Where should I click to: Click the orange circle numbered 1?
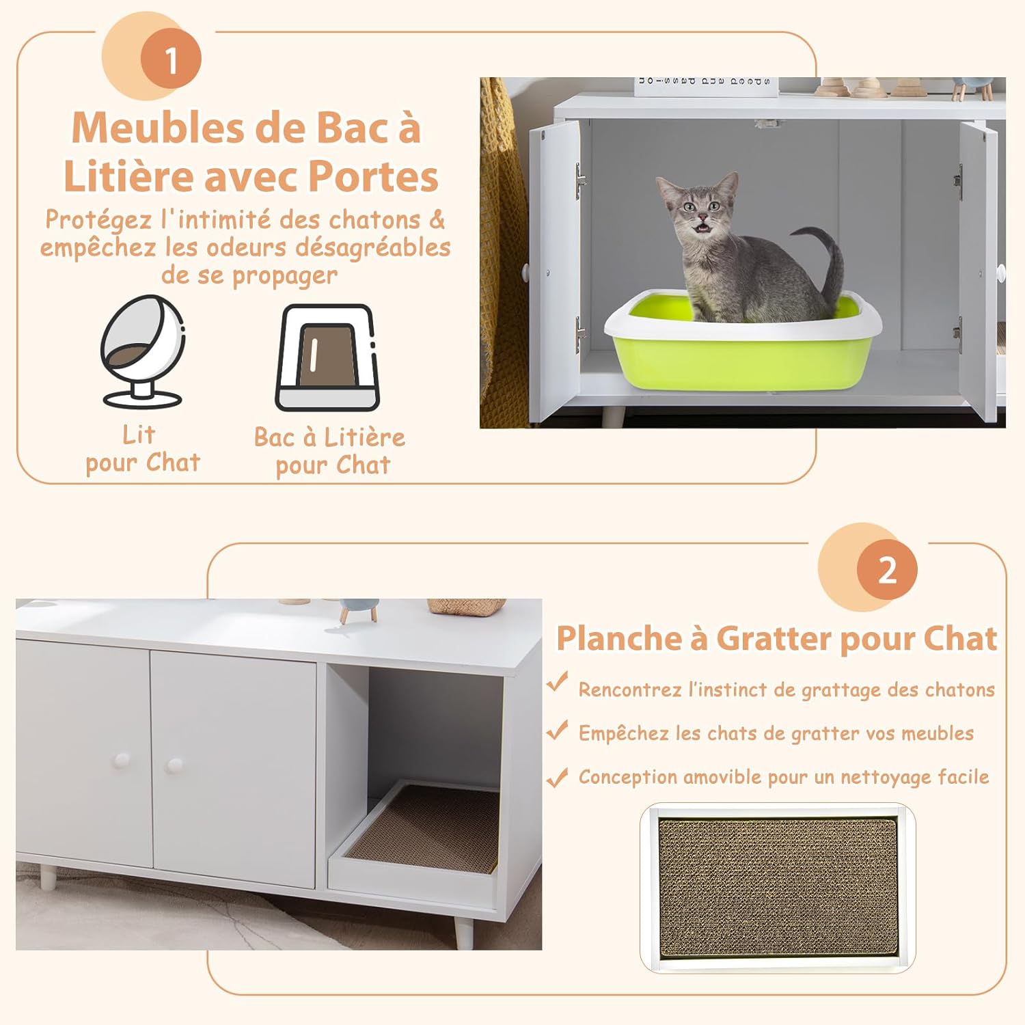pyautogui.click(x=171, y=59)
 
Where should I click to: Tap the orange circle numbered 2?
pyautogui.click(x=887, y=570)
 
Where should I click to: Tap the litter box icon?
pyautogui.click(x=327, y=357)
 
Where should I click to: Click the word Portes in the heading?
pyautogui.click(x=373, y=177)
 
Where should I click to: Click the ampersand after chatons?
pyautogui.click(x=436, y=220)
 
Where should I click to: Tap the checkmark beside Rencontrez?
pyautogui.click(x=558, y=683)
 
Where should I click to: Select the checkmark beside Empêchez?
pyautogui.click(x=558, y=730)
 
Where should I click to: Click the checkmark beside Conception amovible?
pyautogui.click(x=558, y=777)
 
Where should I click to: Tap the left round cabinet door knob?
pyautogui.click(x=122, y=760)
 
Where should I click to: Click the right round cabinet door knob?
pyautogui.click(x=174, y=765)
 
